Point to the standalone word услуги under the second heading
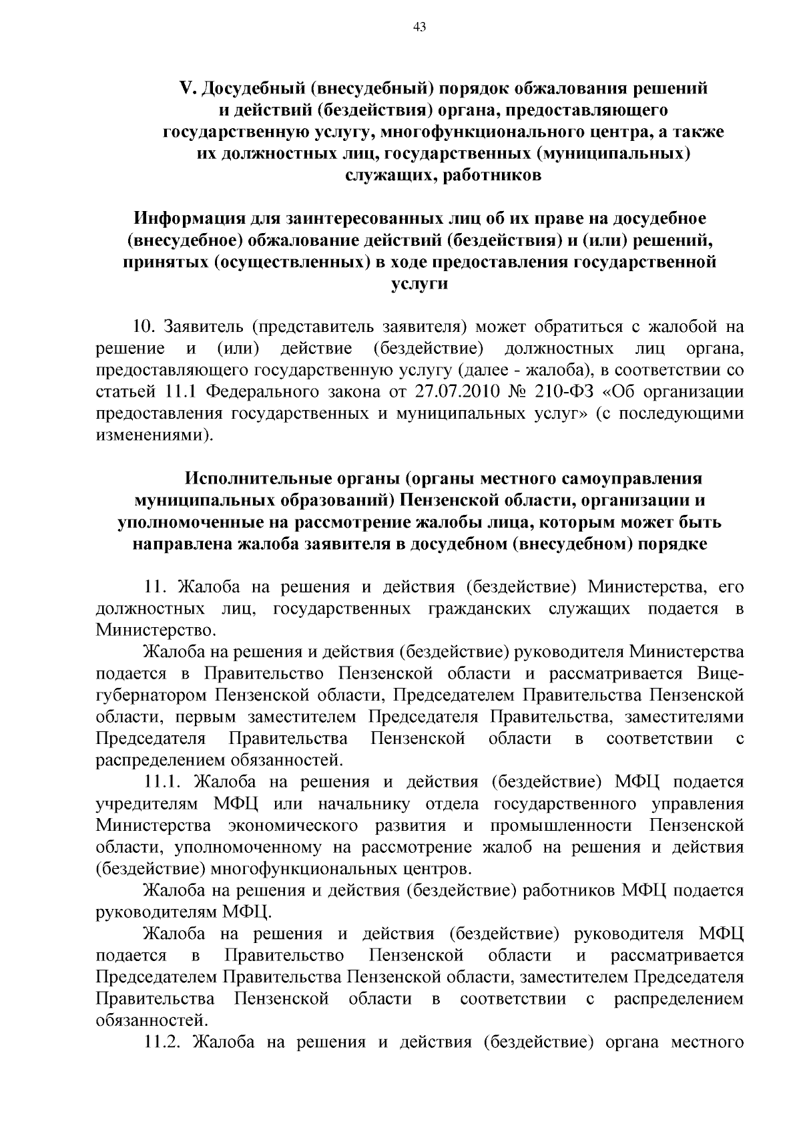(419, 284)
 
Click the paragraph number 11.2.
(164, 1042)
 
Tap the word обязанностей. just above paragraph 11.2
(152, 1020)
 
